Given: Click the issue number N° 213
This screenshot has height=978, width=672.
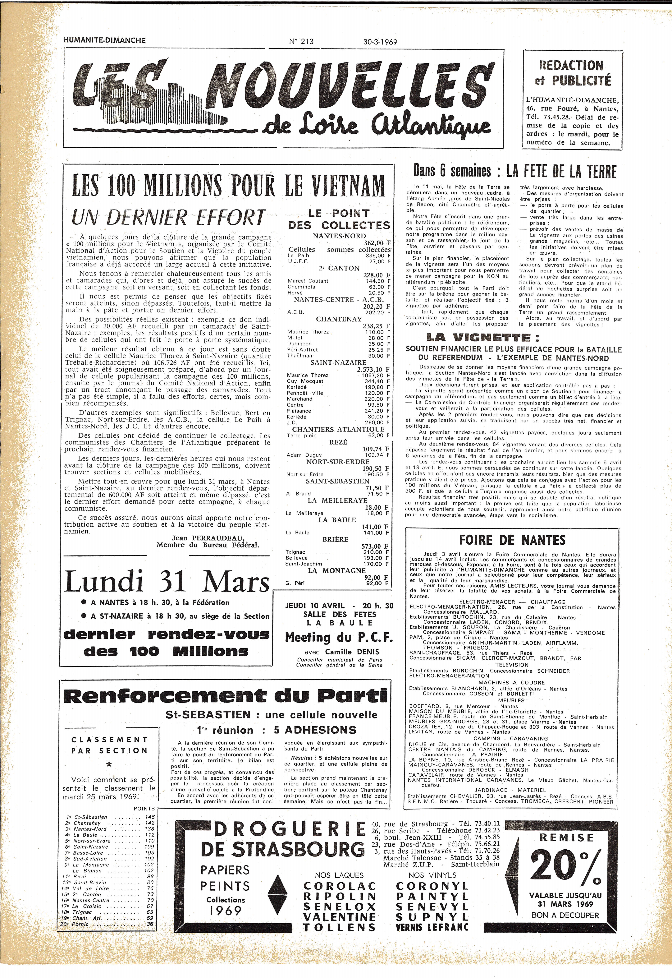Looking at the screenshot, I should pos(301,41).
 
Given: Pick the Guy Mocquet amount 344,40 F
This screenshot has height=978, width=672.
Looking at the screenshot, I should pos(378,381).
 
